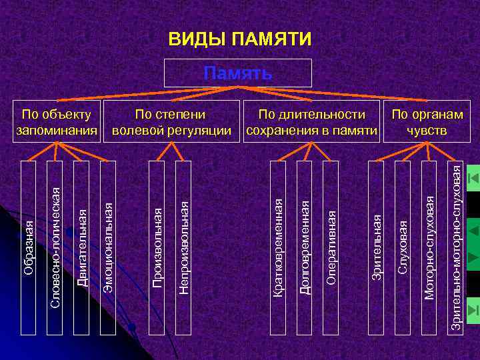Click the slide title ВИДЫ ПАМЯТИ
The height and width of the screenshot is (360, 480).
point(239,39)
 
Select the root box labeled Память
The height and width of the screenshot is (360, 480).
point(239,73)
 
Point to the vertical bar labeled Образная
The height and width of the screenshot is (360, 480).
point(28,237)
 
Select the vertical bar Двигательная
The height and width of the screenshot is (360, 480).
point(81,237)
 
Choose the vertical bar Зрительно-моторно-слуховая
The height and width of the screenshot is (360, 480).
point(455,237)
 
